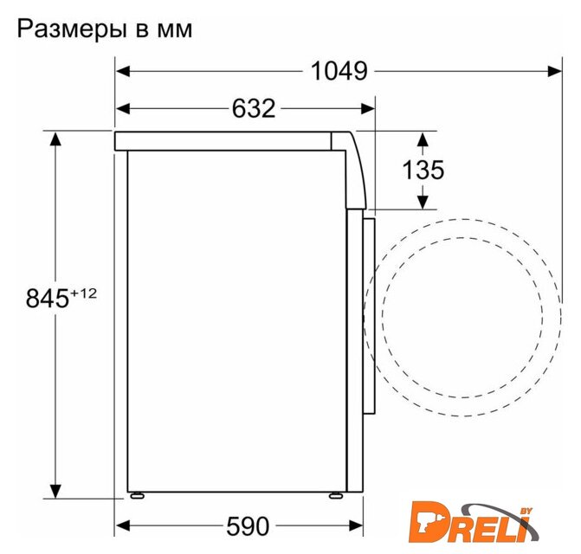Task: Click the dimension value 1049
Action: coord(339,71)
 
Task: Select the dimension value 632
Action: coord(254,108)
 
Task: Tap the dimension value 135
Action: coord(423,170)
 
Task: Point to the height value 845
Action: coord(48,298)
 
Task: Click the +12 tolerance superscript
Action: coord(83,293)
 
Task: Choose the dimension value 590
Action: coord(248,526)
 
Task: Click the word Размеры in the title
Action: coord(72,30)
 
